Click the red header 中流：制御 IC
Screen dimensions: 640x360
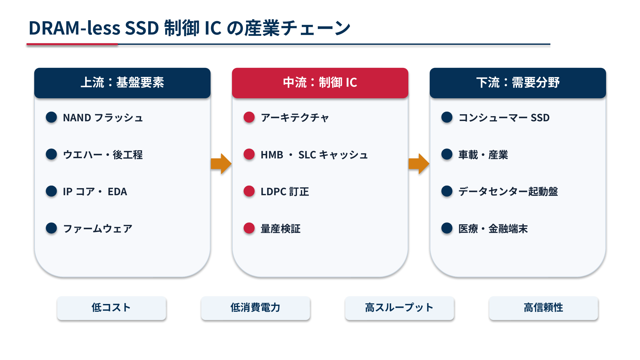click(320, 83)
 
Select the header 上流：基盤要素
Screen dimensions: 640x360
click(122, 83)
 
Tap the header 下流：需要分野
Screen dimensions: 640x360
click(518, 83)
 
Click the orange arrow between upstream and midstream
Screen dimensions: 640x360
click(221, 164)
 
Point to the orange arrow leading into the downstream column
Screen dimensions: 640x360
click(419, 164)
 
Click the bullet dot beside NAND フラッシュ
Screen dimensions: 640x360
click(51, 117)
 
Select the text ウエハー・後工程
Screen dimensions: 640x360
click(103, 155)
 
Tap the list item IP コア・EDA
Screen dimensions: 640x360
click(95, 192)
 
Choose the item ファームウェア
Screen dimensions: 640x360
click(98, 229)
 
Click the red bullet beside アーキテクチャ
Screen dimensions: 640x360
click(249, 117)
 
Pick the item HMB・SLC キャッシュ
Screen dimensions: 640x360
click(314, 155)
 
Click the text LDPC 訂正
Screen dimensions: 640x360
click(285, 192)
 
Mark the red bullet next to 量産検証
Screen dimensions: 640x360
click(249, 228)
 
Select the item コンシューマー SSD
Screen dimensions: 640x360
click(504, 118)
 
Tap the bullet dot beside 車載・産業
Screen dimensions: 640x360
click(447, 154)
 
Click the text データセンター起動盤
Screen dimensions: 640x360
click(508, 192)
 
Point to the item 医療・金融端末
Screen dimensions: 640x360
click(493, 229)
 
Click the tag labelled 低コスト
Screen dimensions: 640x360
click(111, 308)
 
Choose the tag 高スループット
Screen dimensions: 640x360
click(399, 308)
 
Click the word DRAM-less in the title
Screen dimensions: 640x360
click(75, 28)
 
